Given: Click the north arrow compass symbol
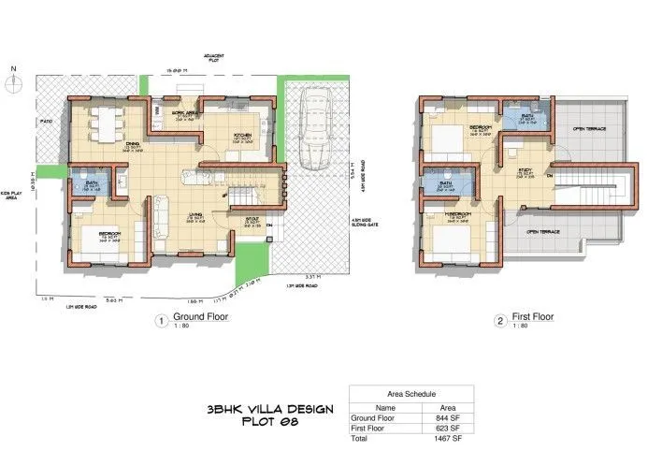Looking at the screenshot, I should pos(12,80).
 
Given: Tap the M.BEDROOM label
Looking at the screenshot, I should pos(457,214).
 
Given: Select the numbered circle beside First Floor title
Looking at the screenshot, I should pos(500,319).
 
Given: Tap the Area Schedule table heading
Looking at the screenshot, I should pos(410,395).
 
